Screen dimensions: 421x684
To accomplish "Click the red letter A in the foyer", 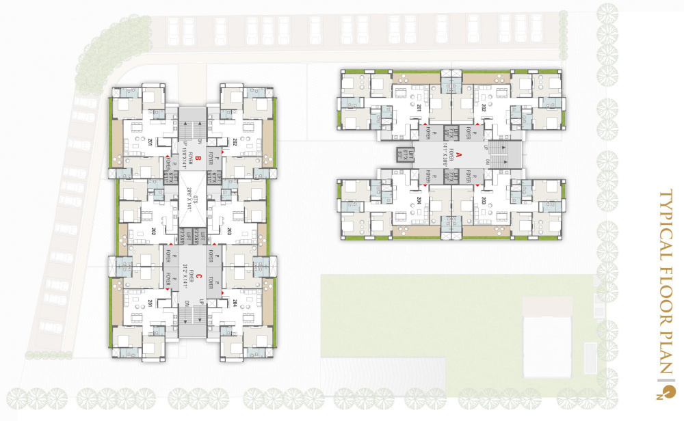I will pyautogui.click(x=460, y=154).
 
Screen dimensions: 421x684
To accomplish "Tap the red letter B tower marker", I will pyautogui.click(x=196, y=159).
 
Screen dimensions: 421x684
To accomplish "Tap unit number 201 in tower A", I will pyautogui.click(x=419, y=107).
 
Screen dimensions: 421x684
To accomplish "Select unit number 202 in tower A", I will pyautogui.click(x=482, y=107).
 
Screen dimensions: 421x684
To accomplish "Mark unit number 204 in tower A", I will pyautogui.click(x=419, y=202).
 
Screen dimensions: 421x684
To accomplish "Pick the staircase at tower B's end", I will pyautogui.click(x=192, y=124).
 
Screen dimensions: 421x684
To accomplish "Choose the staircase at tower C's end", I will pyautogui.click(x=192, y=316).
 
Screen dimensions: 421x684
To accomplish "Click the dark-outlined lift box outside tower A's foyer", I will pyautogui.click(x=402, y=155).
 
